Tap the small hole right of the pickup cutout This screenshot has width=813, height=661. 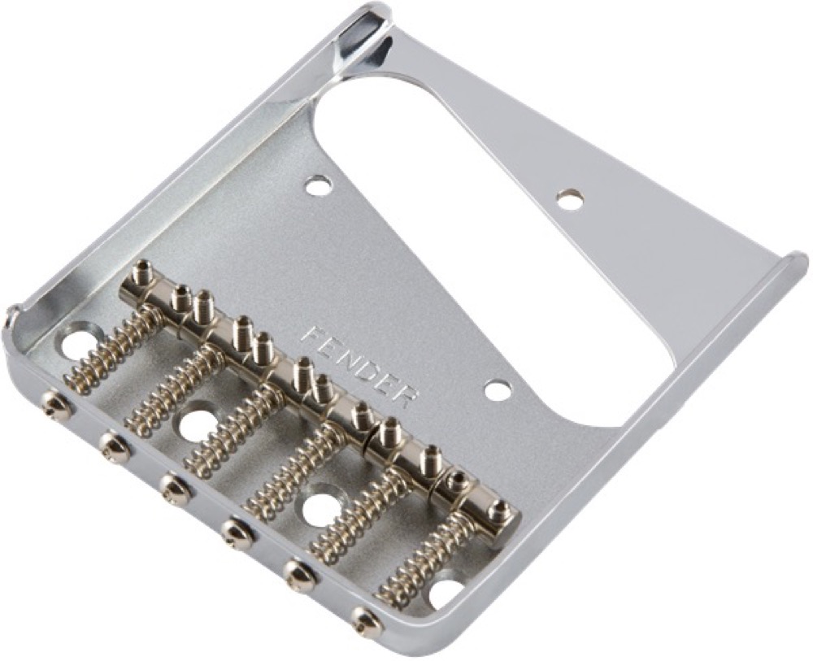pyautogui.click(x=569, y=199)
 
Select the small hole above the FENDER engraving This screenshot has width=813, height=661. pyautogui.click(x=319, y=185)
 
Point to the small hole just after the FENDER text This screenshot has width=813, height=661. pyautogui.click(x=498, y=389)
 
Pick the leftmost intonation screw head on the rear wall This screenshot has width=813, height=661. pyautogui.click(x=55, y=405)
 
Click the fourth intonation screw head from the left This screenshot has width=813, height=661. pyautogui.click(x=237, y=533)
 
